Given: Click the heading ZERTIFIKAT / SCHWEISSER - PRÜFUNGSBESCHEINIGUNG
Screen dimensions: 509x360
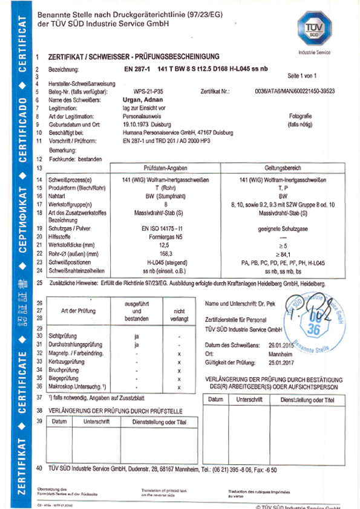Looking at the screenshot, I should (131, 54).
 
